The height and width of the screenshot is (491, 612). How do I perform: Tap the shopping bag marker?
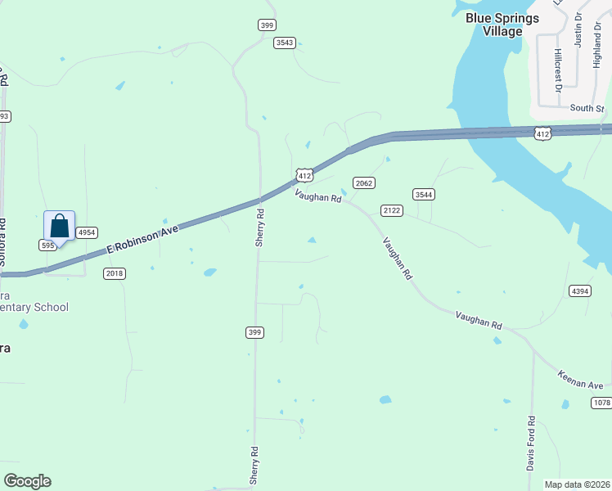pyautogui.click(x=59, y=227)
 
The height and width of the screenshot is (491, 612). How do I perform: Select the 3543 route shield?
pyautogui.click(x=285, y=43)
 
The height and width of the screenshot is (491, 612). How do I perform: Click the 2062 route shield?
pyautogui.click(x=364, y=182)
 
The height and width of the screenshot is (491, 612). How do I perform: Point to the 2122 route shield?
pyautogui.click(x=392, y=210)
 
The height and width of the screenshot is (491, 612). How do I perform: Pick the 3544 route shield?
pyautogui.click(x=423, y=194)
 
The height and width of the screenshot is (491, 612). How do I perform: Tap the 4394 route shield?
pyautogui.click(x=579, y=291)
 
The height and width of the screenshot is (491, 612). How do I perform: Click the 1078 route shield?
pyautogui.click(x=601, y=403)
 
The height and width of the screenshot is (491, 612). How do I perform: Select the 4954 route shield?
pyautogui.click(x=87, y=233)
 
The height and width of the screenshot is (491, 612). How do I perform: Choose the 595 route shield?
pyautogui.click(x=47, y=245)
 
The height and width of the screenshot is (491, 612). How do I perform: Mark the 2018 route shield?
pyautogui.click(x=115, y=273)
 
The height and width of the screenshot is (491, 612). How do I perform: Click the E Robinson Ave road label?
pyautogui.click(x=143, y=242)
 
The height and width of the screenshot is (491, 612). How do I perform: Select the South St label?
pyautogui.click(x=587, y=108)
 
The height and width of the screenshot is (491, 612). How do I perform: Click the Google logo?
pyautogui.click(x=27, y=481)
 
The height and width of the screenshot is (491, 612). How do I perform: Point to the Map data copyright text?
pyautogui.click(x=576, y=484)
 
